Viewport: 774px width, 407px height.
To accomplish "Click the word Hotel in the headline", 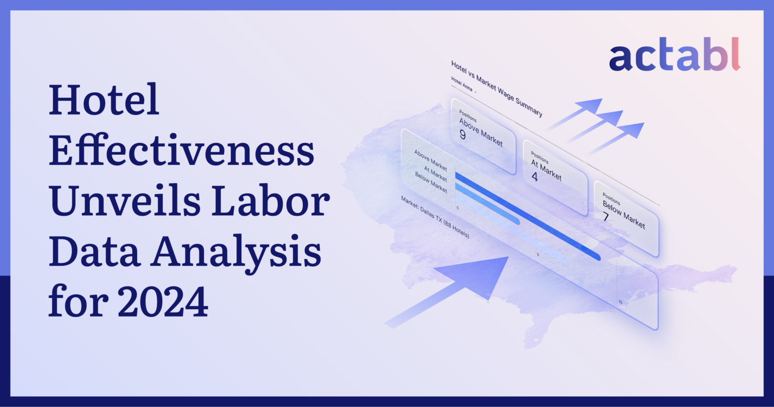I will (x=104, y=100).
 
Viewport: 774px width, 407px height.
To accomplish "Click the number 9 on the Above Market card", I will (x=463, y=135).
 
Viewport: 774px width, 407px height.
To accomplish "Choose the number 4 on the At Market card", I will (x=535, y=177).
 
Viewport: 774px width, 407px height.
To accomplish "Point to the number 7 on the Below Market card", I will (x=606, y=217).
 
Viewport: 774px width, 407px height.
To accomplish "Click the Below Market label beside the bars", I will (x=431, y=183).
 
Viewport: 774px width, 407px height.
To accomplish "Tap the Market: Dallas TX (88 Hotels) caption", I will (x=435, y=217).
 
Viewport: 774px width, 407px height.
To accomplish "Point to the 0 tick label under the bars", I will (x=457, y=207).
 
